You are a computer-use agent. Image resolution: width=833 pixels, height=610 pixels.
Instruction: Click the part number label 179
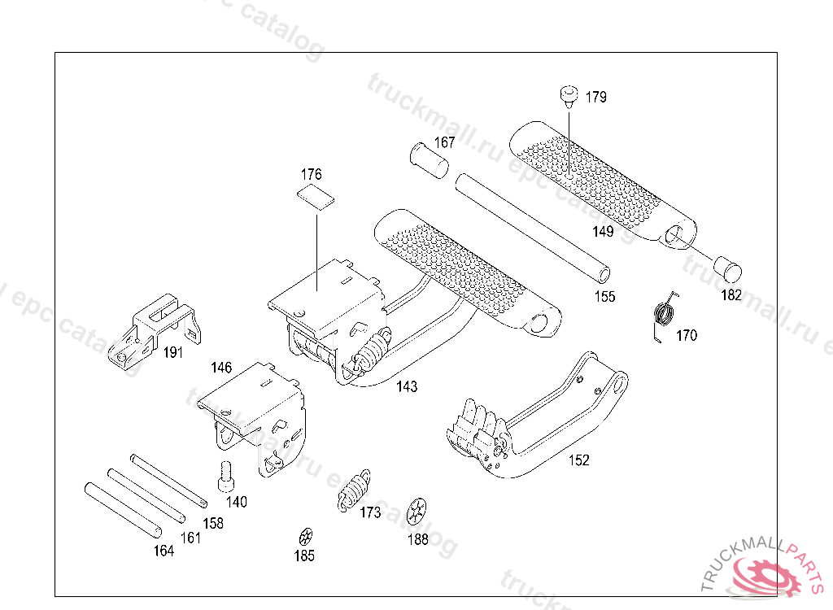[595, 98]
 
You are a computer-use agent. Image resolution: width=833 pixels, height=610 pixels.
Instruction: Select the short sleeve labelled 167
[430, 158]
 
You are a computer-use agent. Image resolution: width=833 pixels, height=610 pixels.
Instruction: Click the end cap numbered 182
[726, 267]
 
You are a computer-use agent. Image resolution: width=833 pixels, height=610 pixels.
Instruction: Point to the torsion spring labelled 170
[665, 313]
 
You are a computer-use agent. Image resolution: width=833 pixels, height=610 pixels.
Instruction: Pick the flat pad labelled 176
[315, 197]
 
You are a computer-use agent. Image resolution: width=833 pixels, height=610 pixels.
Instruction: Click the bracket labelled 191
[150, 329]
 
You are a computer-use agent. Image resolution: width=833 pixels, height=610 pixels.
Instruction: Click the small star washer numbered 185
[305, 537]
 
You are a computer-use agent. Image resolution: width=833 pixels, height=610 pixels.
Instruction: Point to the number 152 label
[578, 460]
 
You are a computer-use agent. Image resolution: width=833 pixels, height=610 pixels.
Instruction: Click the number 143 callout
[407, 386]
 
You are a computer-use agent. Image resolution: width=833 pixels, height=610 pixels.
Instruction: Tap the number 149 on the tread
[603, 232]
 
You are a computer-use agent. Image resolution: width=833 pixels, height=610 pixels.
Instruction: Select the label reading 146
[221, 368]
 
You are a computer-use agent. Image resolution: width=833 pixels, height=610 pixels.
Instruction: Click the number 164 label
[164, 551]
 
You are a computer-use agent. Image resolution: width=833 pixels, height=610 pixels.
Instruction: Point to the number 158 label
[213, 523]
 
